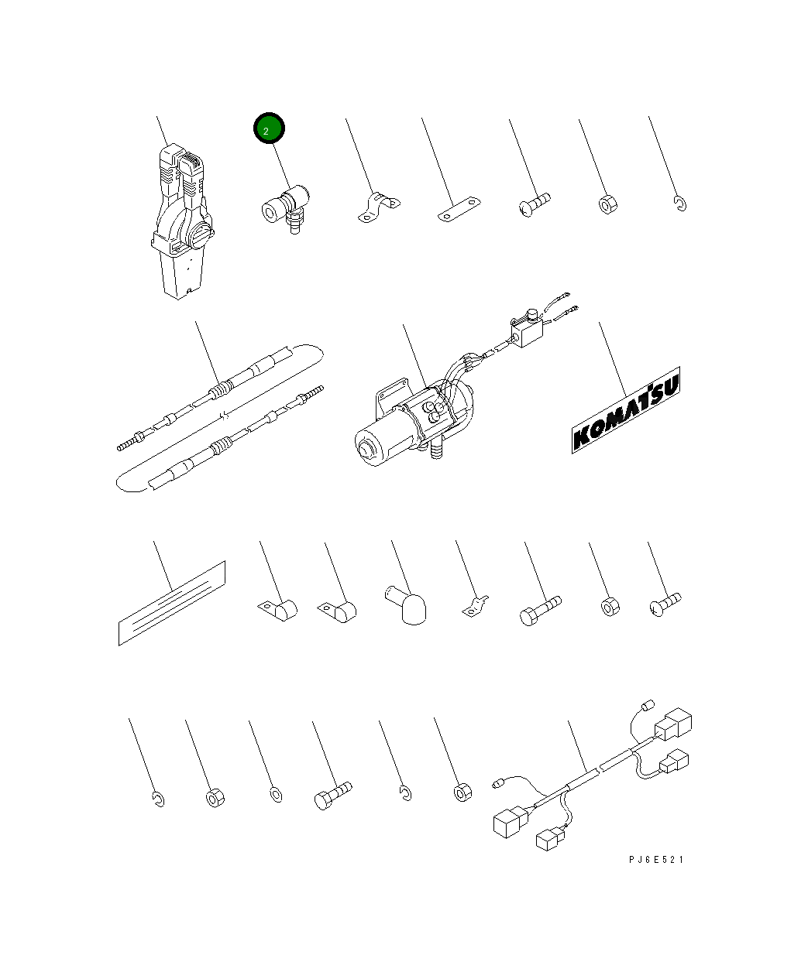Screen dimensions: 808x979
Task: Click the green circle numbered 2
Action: pos(269,128)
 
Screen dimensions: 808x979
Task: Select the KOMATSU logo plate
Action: pos(625,410)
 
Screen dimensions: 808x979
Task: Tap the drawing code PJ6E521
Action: pos(656,860)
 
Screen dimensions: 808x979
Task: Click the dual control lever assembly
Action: pos(182,221)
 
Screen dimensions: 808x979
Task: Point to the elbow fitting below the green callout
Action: pos(285,209)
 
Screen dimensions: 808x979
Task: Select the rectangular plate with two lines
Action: pos(172,603)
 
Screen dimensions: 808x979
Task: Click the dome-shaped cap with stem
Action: pos(407,605)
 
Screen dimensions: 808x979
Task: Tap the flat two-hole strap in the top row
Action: pos(459,209)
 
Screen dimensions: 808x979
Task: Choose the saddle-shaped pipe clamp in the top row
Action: pos(378,207)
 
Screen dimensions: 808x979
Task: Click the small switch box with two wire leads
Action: pos(528,330)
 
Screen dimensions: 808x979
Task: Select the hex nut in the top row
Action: pos(608,204)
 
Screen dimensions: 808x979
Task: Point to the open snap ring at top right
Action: pos(680,204)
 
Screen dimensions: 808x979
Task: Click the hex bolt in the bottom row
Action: pos(333,795)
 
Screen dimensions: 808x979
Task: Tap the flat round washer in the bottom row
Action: pos(276,795)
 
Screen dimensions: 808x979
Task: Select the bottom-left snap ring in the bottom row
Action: pos(159,799)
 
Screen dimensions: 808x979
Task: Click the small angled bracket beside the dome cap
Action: pos(476,606)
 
